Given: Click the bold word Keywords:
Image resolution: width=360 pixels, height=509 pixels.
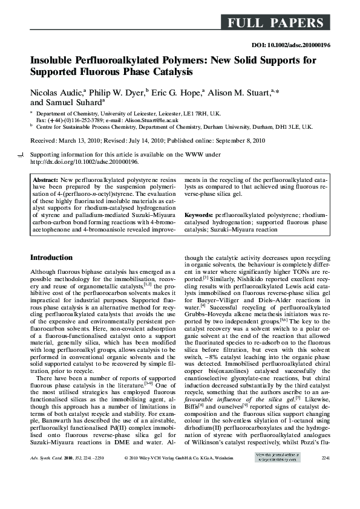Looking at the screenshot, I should [199, 215].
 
